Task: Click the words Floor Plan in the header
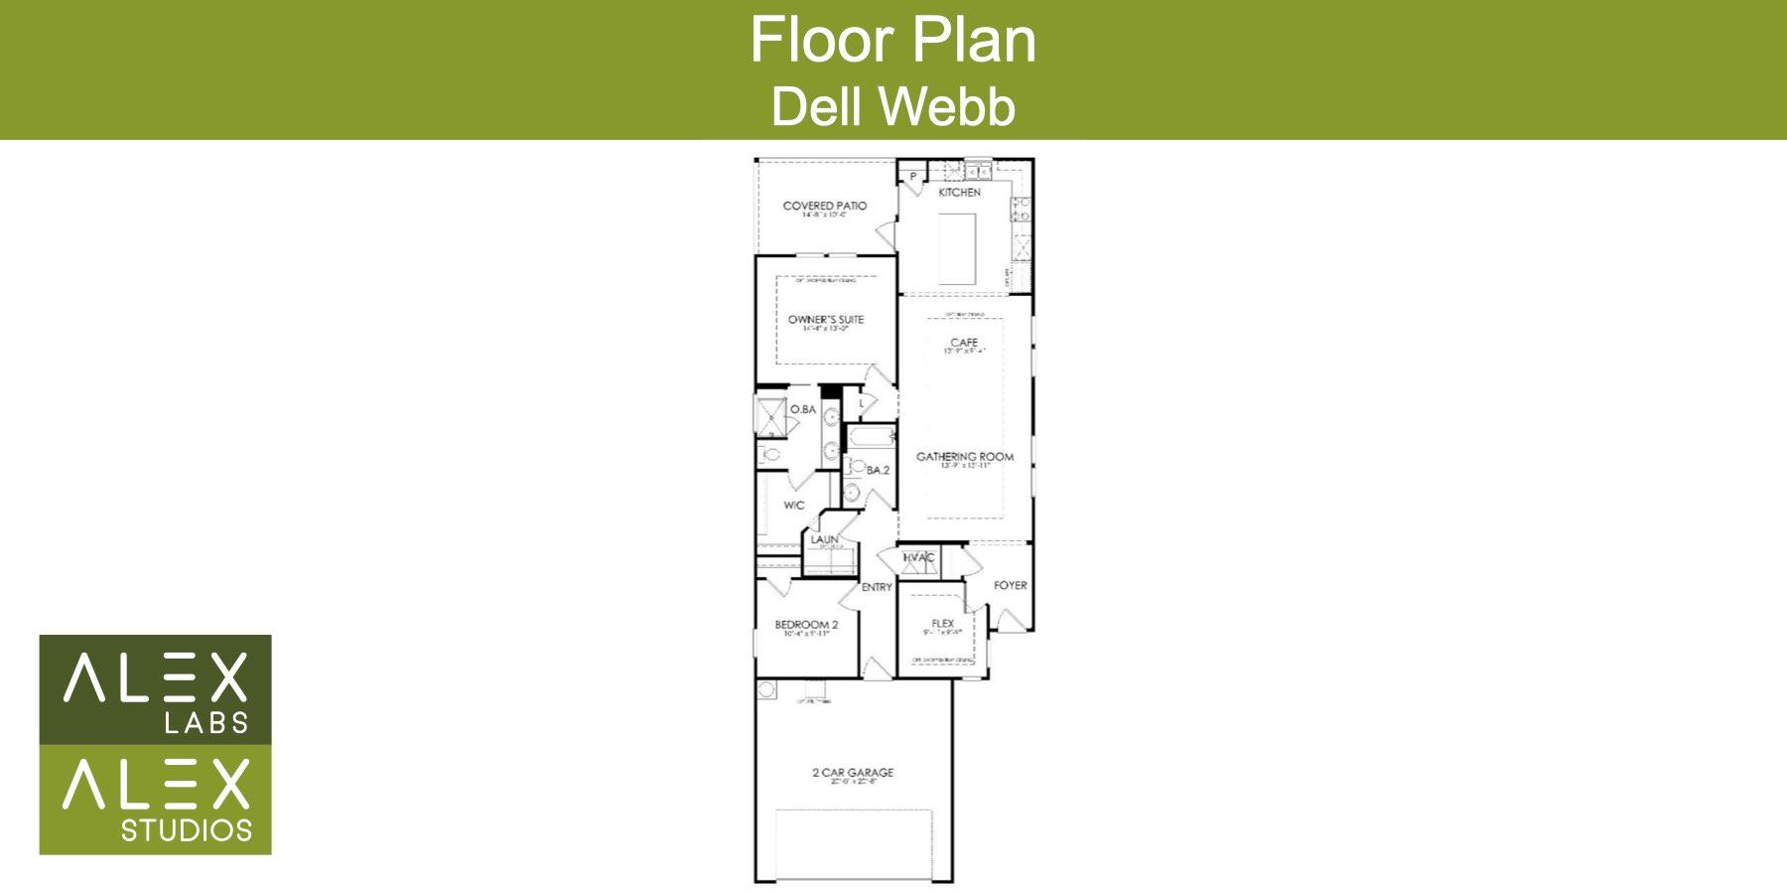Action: point(893,40)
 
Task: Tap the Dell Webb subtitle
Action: point(893,106)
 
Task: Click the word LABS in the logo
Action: point(206,722)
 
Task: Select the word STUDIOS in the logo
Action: point(187,830)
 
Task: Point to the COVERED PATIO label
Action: point(824,207)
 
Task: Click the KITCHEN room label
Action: point(959,193)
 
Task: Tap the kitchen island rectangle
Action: point(959,249)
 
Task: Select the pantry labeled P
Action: point(912,177)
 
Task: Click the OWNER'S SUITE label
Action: point(826,320)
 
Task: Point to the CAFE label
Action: point(964,343)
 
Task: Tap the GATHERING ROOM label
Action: point(965,457)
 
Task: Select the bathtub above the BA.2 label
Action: point(870,438)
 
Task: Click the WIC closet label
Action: point(794,506)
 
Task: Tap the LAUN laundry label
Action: point(824,539)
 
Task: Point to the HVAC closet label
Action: point(918,558)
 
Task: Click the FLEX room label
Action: point(942,624)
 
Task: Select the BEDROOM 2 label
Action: point(806,625)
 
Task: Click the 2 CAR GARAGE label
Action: point(853,772)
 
